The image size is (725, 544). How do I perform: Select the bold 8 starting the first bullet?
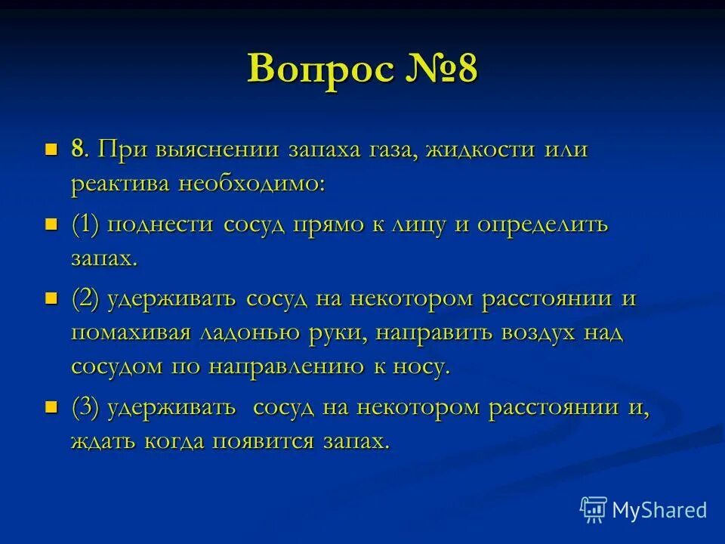pos(77,149)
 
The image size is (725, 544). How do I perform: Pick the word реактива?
pos(121,184)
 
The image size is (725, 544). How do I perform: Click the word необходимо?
pos(251,184)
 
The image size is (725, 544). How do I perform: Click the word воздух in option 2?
pos(528,333)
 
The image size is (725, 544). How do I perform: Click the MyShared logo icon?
pos(593,509)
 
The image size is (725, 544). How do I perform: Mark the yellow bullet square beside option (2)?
pos(51,298)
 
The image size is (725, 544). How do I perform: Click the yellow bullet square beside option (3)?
pos(51,408)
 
